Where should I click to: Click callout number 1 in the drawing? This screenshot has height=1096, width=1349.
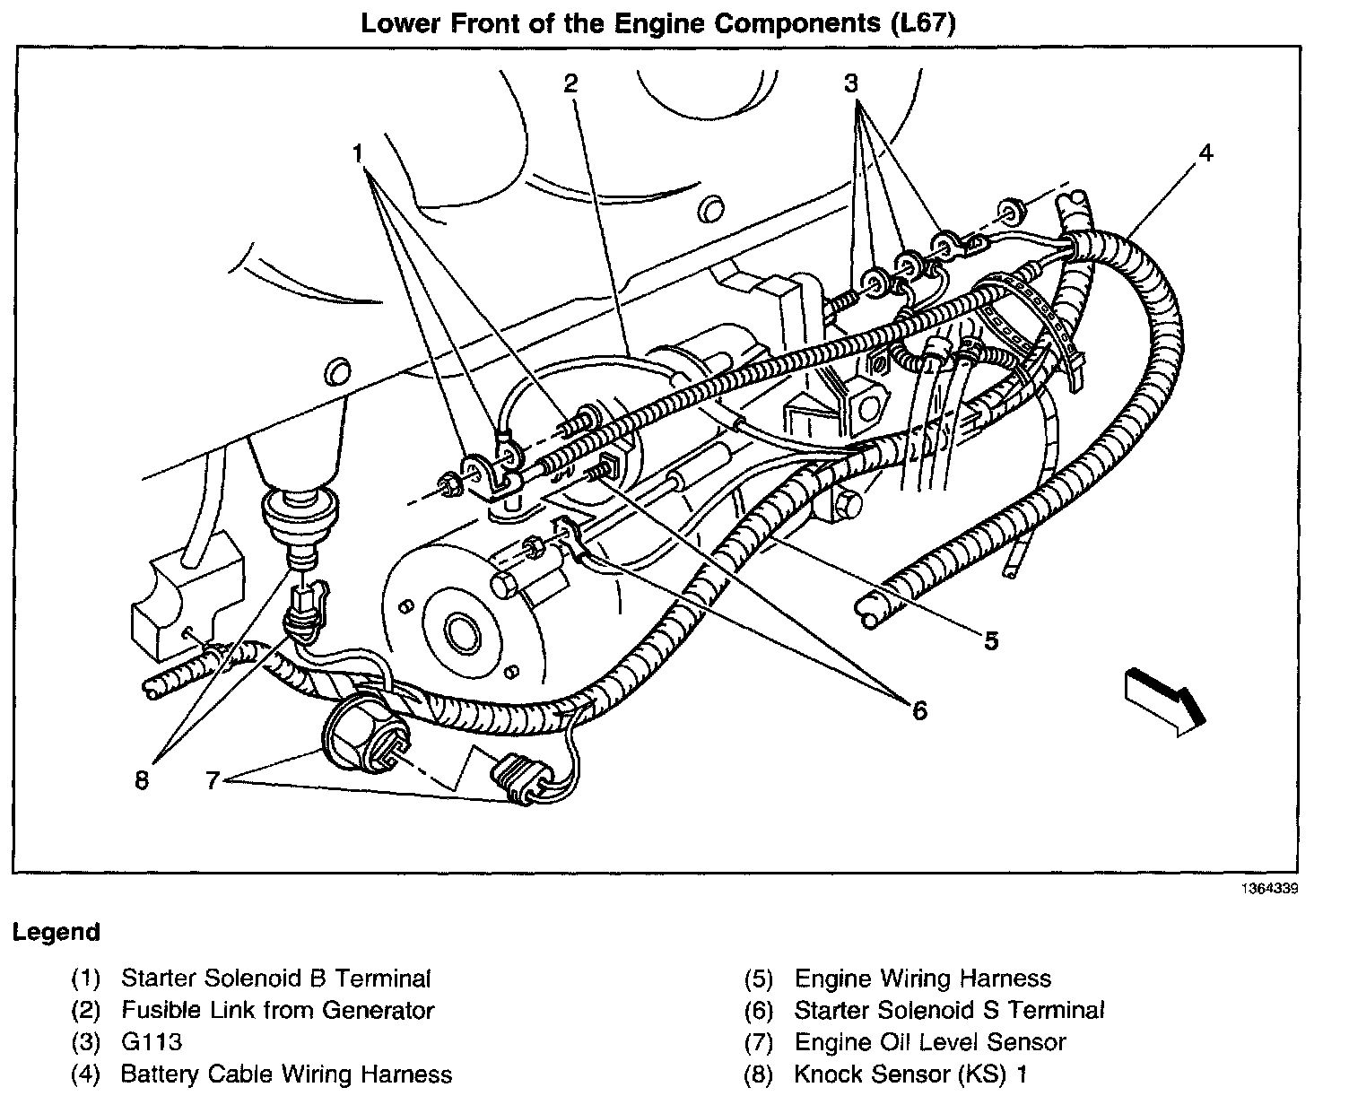point(359,155)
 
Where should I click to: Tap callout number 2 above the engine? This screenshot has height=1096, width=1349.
point(571,83)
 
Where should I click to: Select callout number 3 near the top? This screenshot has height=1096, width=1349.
point(851,84)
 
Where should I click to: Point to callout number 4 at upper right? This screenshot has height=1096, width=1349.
point(1205,153)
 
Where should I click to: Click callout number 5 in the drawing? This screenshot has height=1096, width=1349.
point(990,640)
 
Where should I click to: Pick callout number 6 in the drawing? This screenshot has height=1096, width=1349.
point(919,710)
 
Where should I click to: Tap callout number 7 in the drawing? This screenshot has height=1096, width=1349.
point(213,781)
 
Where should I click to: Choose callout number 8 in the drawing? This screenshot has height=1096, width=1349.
point(141,781)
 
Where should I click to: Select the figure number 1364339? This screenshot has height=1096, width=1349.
point(1270,890)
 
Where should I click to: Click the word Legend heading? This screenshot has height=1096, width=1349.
point(57,933)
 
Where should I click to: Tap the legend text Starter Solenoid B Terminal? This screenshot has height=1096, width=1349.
point(276,979)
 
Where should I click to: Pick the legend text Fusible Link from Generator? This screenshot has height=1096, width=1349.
point(278,1011)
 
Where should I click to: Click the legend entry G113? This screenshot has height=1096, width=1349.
point(152,1042)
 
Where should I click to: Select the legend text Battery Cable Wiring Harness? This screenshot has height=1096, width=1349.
point(286,1074)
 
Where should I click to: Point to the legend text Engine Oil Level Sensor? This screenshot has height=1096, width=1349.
point(930,1042)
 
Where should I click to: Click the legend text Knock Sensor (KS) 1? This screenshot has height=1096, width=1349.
point(910,1074)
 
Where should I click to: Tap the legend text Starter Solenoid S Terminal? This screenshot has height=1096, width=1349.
point(950,1011)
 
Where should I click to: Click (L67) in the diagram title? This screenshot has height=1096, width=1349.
point(924,23)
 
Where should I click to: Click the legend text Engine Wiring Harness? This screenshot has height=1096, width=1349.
point(923,979)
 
